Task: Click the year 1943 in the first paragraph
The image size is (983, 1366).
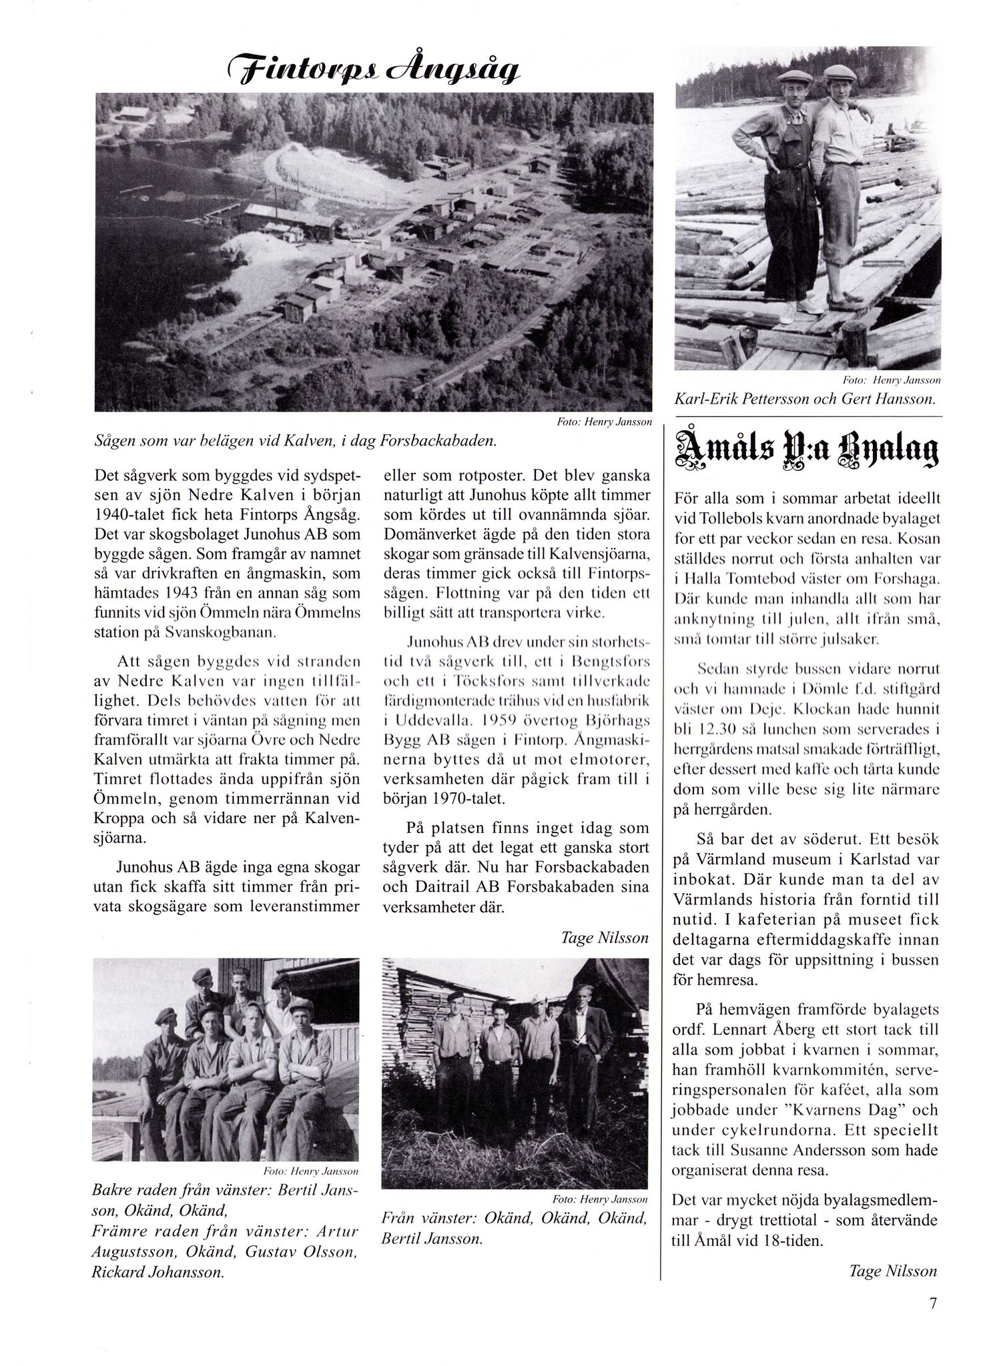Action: coord(198,593)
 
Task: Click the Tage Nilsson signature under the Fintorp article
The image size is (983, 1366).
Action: coord(605,938)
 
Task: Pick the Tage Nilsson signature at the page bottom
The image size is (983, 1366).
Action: coord(893,1271)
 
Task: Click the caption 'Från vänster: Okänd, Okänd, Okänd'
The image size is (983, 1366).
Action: coord(514,1219)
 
